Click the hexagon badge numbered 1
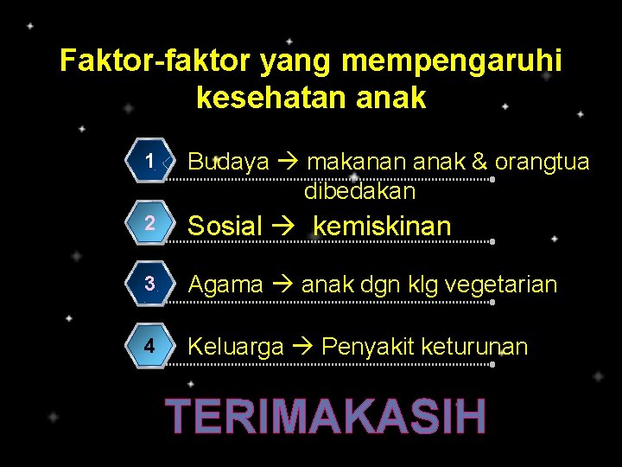[x=150, y=162]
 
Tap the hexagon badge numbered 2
[x=150, y=223]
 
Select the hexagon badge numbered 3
[x=150, y=285]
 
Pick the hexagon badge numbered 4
[x=150, y=347]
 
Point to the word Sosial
[x=225, y=227]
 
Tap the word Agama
[x=225, y=285]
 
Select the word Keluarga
[x=235, y=347]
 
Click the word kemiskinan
[x=382, y=227]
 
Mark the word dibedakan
[x=359, y=190]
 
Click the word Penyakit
[x=367, y=347]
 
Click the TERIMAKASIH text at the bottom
[x=327, y=416]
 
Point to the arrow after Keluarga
[x=302, y=347]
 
